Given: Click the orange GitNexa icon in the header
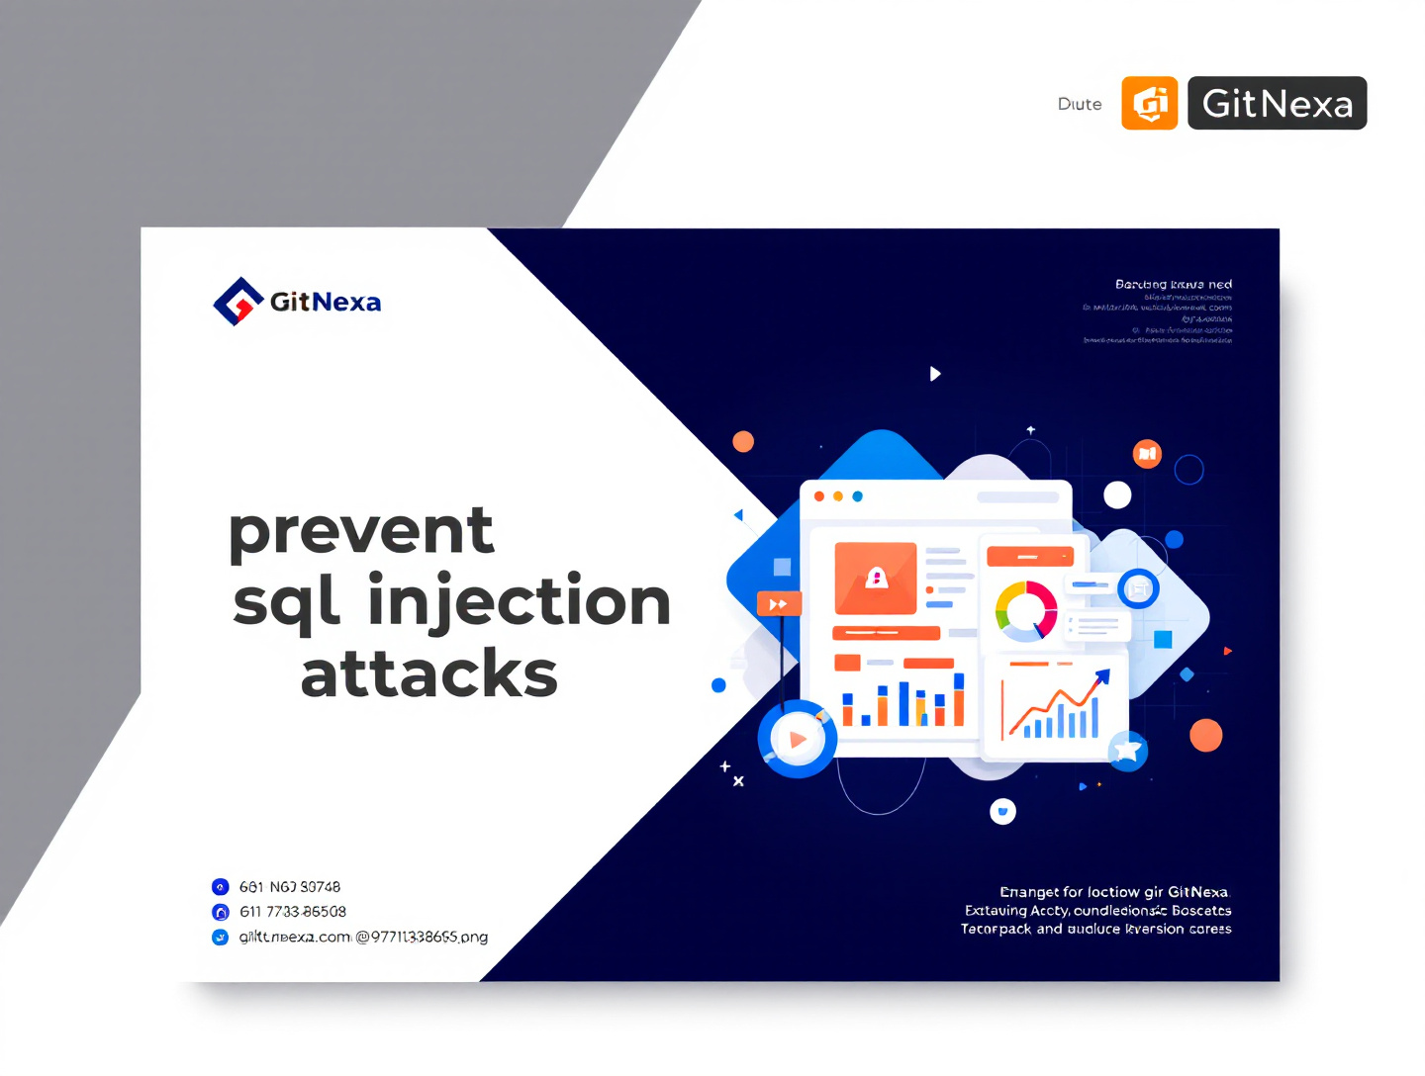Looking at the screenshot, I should [x=1149, y=103].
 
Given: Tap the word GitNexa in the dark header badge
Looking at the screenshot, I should [x=1277, y=104].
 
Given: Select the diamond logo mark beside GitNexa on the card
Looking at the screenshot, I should [x=237, y=302].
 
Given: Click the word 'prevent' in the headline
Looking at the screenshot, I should [x=361, y=531].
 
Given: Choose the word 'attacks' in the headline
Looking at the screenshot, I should [x=429, y=674].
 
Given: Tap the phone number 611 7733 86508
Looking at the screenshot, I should [x=293, y=912].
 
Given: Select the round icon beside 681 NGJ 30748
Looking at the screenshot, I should [x=221, y=887].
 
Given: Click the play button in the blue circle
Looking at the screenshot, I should [x=798, y=739].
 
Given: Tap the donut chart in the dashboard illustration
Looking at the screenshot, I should [x=1026, y=610].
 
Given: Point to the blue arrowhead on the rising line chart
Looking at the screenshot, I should [x=1102, y=677].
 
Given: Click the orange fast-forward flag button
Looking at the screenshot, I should [x=779, y=604].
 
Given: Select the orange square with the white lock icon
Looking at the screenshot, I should [x=876, y=578].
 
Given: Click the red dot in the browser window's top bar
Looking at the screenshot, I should [x=819, y=496].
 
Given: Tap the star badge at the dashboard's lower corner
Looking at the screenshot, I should [x=1127, y=751].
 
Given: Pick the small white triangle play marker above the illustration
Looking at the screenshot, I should [x=935, y=374].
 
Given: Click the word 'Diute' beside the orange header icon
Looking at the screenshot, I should [x=1080, y=104].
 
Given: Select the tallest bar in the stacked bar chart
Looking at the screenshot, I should [x=959, y=699].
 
